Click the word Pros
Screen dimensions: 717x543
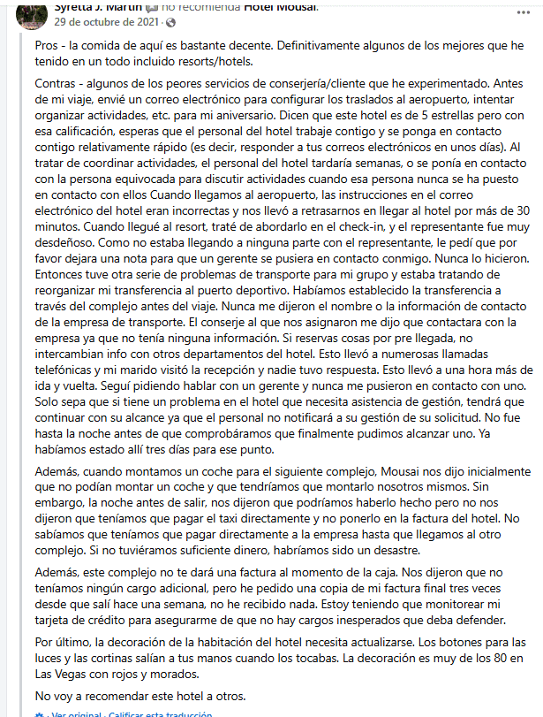point(49,45)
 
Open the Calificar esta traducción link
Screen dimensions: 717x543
point(156,713)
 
